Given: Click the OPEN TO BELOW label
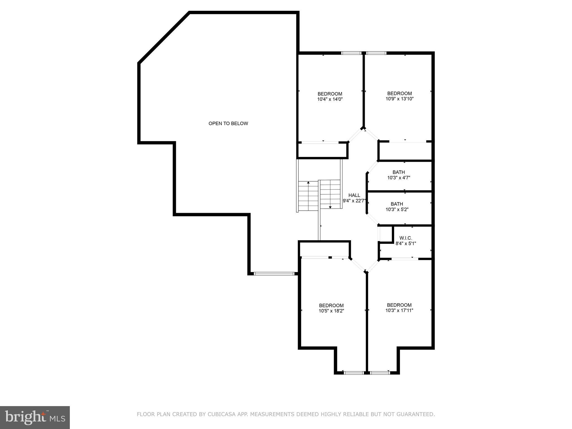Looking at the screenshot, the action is (228, 123).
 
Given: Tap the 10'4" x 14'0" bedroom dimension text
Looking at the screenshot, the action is (330, 99).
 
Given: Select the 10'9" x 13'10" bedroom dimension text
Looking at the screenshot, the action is (399, 99).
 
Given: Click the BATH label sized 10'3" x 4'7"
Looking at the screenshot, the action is (399, 172).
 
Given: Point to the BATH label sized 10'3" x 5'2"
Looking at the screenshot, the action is (397, 204).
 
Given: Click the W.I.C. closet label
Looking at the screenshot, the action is (406, 238).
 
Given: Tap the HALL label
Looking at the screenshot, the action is (354, 195).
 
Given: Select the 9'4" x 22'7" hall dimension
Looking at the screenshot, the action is (354, 201).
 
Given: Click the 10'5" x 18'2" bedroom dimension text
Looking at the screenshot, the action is (331, 311).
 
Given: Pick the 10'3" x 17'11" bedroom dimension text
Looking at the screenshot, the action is (399, 310).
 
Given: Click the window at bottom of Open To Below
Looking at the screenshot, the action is (274, 274).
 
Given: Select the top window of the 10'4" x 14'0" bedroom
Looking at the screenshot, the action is (351, 53).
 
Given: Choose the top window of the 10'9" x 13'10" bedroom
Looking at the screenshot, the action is (376, 53).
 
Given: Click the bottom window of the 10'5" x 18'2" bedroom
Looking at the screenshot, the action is (354, 373).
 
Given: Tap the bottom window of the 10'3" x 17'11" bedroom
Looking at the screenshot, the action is (380, 373).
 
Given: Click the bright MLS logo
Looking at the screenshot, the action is (35, 418).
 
